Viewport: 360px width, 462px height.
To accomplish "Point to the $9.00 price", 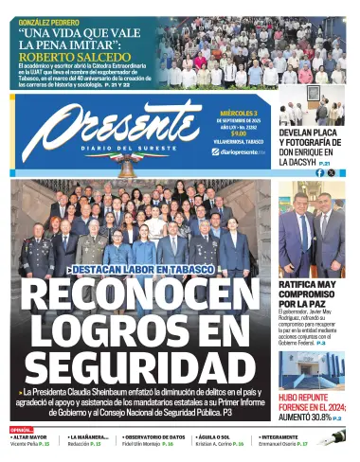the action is [239, 133].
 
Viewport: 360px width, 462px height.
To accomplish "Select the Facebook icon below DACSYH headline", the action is [318, 172].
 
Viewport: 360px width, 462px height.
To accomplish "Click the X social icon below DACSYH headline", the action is [331, 172].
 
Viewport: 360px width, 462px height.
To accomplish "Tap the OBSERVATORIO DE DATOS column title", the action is [155, 436].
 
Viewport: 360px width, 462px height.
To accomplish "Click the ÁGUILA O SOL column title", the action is [214, 436].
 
